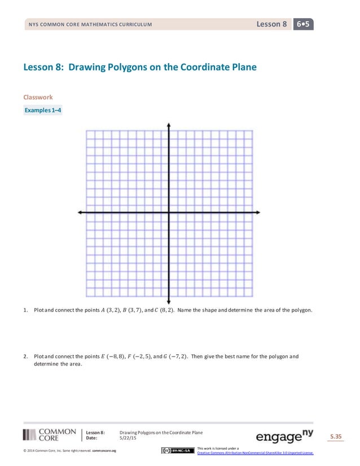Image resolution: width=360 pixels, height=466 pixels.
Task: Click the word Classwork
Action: click(38, 97)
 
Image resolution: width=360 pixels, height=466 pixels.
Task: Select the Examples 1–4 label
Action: click(43, 110)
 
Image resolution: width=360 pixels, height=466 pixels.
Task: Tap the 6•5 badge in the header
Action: click(304, 24)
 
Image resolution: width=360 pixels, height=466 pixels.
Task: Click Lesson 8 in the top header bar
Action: click(272, 24)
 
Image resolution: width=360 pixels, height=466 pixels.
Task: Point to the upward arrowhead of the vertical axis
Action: click(169, 125)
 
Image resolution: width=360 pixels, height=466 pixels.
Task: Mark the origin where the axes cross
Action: click(169, 212)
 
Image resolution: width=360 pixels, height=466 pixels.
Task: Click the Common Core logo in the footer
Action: click(50, 434)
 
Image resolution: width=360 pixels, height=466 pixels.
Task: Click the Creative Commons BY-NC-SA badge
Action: click(176, 450)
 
